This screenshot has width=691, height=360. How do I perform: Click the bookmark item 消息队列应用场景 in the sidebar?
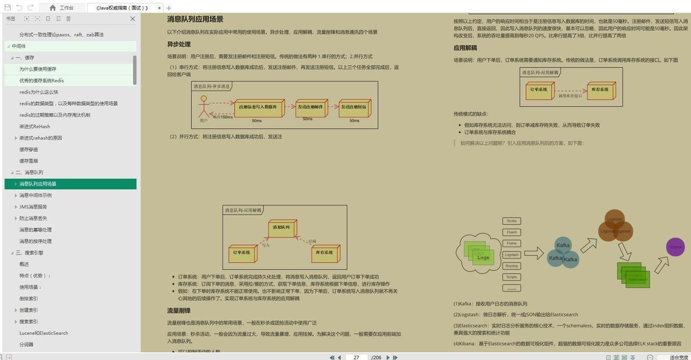(x=38, y=184)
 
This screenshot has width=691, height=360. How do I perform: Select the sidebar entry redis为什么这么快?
(x=38, y=92)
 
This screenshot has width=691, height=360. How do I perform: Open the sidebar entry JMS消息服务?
(x=33, y=207)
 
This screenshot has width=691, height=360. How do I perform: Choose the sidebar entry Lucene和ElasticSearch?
(x=43, y=333)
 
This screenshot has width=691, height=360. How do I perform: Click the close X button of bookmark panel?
(x=133, y=19)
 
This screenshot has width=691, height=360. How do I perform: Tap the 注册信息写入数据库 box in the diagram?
(x=259, y=108)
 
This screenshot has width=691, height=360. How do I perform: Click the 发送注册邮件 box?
(x=311, y=108)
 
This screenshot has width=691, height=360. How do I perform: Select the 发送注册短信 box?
(x=354, y=108)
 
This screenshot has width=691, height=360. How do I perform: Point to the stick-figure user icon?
(x=203, y=108)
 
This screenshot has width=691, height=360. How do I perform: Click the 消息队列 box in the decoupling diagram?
(x=282, y=228)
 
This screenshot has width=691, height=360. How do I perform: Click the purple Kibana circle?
(x=675, y=247)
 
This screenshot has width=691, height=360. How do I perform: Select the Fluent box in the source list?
(x=512, y=232)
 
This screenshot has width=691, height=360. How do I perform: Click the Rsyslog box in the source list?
(x=512, y=266)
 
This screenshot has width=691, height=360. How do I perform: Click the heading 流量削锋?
(x=179, y=311)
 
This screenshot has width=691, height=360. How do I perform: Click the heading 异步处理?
(x=179, y=45)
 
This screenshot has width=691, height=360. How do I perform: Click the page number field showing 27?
(x=357, y=357)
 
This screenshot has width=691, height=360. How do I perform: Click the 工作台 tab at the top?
(x=62, y=8)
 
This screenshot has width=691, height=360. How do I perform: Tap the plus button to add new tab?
(x=169, y=8)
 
